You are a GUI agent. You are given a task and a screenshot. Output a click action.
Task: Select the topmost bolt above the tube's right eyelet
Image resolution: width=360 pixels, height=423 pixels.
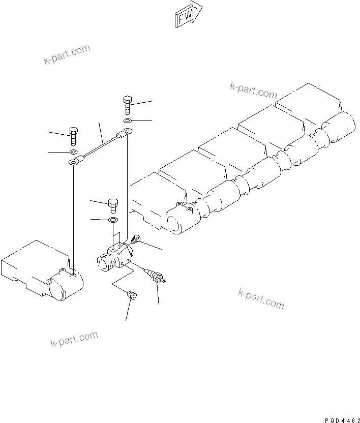[x=126, y=105]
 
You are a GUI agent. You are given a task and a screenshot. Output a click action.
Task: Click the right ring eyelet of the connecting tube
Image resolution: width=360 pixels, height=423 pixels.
[x=126, y=133]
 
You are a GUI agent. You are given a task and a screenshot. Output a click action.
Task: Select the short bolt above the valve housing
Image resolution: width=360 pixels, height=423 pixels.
[x=113, y=206]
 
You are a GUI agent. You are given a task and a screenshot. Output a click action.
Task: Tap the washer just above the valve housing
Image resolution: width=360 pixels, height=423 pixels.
[x=113, y=220]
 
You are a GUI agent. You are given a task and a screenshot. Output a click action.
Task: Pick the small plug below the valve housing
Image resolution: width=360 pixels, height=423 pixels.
[x=131, y=295]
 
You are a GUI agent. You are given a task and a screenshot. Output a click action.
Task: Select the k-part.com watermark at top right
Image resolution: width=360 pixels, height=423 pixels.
[x=253, y=90]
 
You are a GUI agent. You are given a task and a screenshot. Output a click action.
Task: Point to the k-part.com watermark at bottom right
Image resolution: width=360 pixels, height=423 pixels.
[x=260, y=298]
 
